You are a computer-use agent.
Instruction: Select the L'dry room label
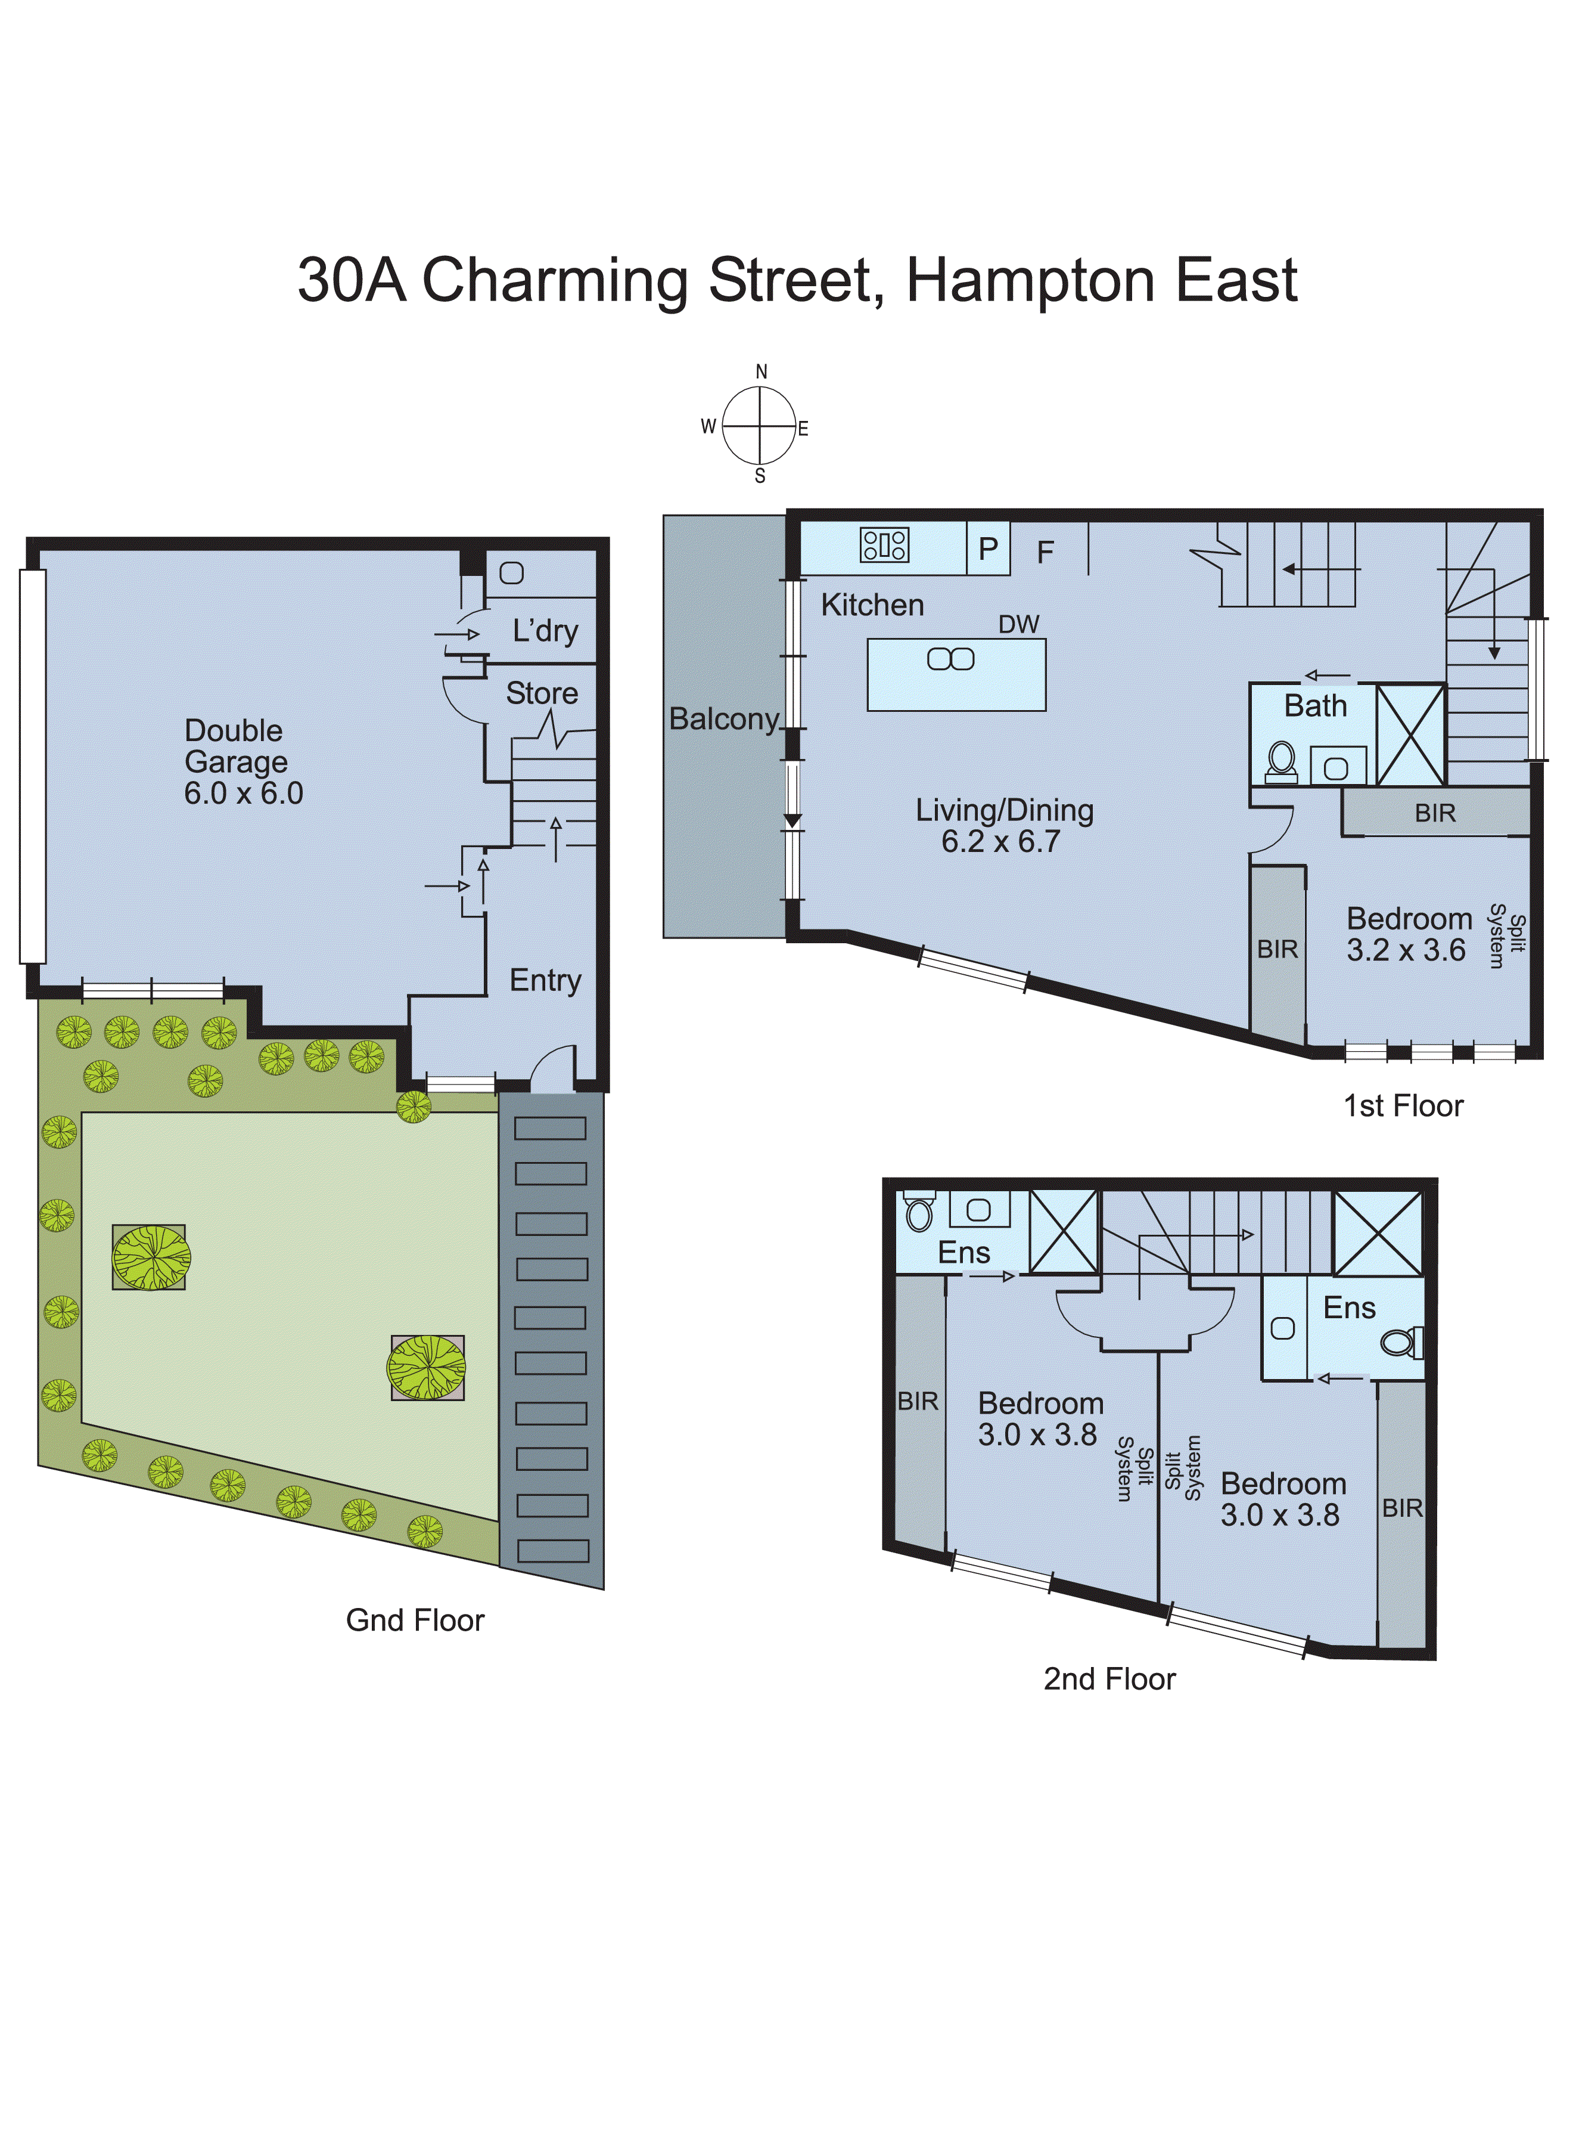(x=545, y=631)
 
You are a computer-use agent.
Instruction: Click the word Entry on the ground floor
(x=545, y=980)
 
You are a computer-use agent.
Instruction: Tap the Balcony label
(x=723, y=719)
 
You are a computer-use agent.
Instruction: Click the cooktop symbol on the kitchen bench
(x=884, y=545)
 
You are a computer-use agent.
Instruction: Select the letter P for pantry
(x=989, y=549)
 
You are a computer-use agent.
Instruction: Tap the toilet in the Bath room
(x=1282, y=760)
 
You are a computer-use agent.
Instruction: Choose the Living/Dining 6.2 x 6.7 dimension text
(x=1001, y=841)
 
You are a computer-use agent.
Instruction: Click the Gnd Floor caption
(x=415, y=1620)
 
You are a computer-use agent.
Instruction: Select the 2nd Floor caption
(x=1109, y=1678)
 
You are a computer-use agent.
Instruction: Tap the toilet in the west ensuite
(x=919, y=1214)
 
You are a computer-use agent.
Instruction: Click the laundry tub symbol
(x=511, y=573)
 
